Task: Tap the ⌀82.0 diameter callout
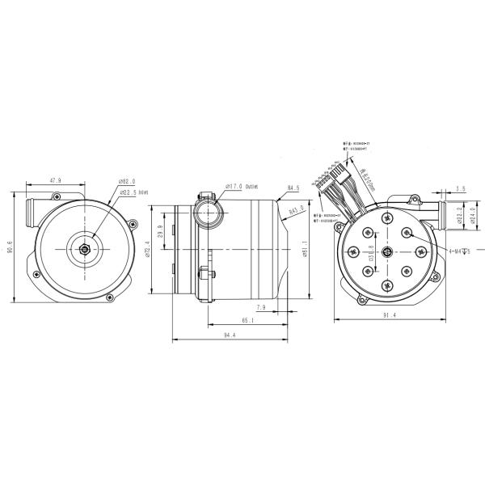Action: [127, 183]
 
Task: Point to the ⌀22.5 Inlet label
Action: [133, 192]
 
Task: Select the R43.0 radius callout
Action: [296, 210]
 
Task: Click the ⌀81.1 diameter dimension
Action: [304, 246]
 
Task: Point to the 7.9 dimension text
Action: [261, 308]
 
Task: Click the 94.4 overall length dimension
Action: [218, 335]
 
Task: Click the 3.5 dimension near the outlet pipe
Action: [461, 189]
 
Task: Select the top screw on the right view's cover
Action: [387, 216]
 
